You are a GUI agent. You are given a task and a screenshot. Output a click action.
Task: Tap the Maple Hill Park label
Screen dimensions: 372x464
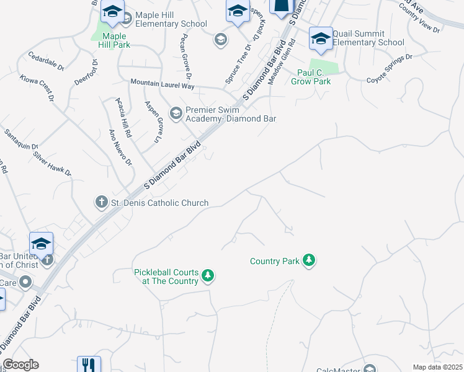114,41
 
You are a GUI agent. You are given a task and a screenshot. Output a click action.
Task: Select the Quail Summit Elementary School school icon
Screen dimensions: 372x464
320,38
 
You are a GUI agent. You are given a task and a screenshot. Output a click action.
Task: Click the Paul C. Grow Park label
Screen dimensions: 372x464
311,77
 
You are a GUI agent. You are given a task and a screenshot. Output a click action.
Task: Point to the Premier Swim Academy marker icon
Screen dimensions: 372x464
176,112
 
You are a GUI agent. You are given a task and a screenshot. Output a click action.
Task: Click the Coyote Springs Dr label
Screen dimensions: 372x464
389,69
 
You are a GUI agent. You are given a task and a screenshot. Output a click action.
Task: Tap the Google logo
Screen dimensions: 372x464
20,365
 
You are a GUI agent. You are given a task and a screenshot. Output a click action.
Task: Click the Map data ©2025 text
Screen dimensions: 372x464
437,367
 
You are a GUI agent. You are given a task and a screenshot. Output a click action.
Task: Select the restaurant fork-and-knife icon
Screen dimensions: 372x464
88,365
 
